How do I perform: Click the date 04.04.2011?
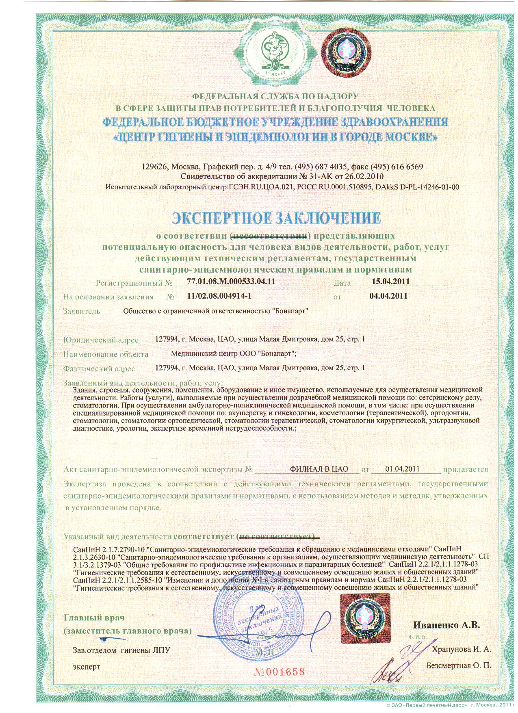point(388,296)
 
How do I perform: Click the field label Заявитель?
point(81,312)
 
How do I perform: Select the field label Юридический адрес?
point(101,340)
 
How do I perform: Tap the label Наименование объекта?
point(106,354)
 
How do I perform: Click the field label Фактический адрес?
point(99,369)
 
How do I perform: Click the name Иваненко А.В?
point(446,625)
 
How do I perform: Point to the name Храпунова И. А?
point(462,649)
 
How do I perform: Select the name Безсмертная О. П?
point(459,666)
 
